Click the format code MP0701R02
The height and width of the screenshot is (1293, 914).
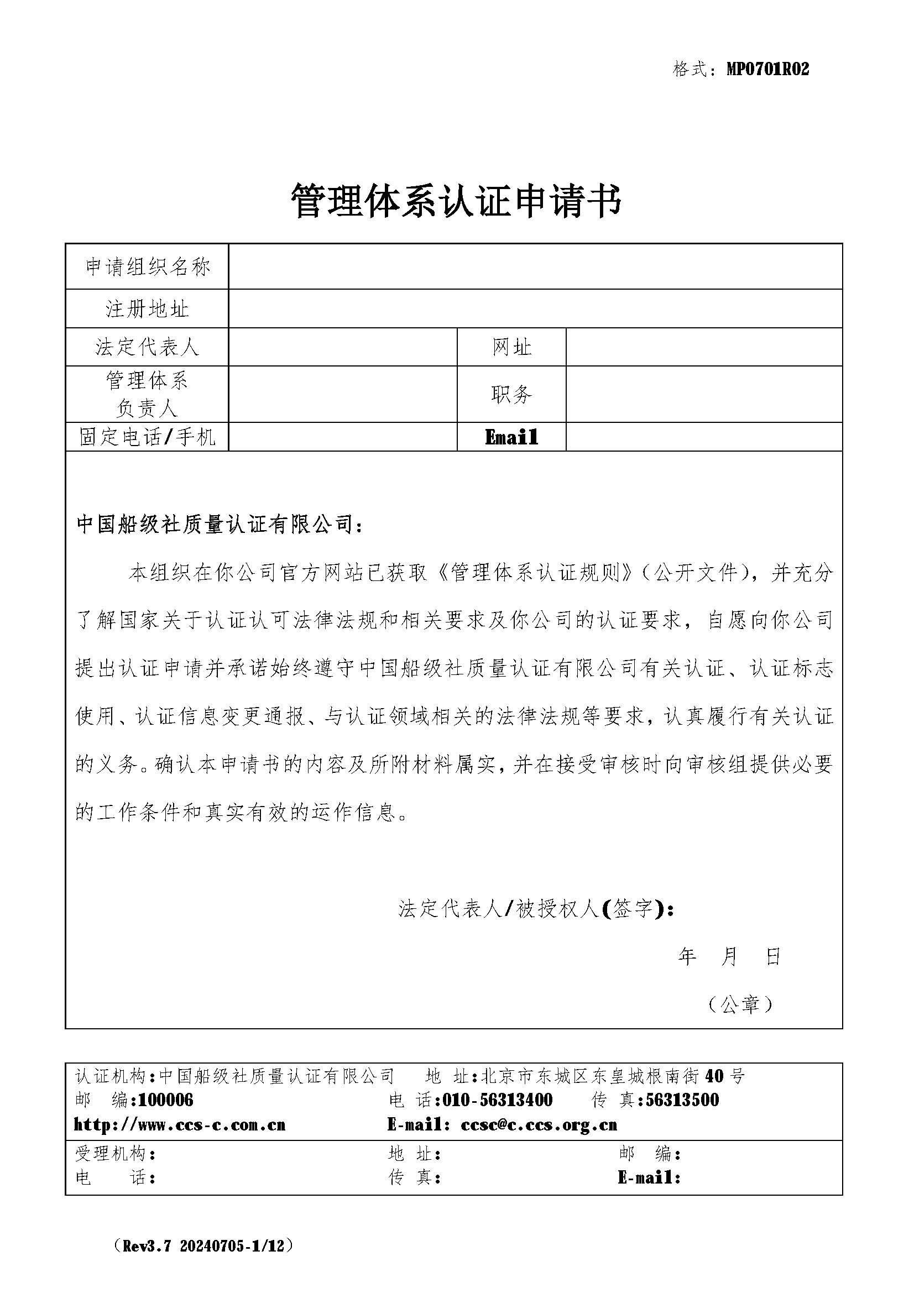[767, 69]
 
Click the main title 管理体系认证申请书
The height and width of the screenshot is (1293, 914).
[456, 201]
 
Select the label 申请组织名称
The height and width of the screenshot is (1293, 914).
[147, 267]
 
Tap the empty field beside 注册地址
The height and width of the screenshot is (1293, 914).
[535, 308]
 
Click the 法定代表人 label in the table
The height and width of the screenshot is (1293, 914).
[147, 347]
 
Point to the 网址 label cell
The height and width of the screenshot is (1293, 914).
[511, 347]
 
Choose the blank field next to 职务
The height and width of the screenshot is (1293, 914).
[704, 394]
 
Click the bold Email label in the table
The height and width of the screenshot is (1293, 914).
[511, 437]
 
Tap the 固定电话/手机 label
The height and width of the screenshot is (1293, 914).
[147, 437]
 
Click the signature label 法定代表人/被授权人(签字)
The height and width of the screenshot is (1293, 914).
[536, 908]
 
